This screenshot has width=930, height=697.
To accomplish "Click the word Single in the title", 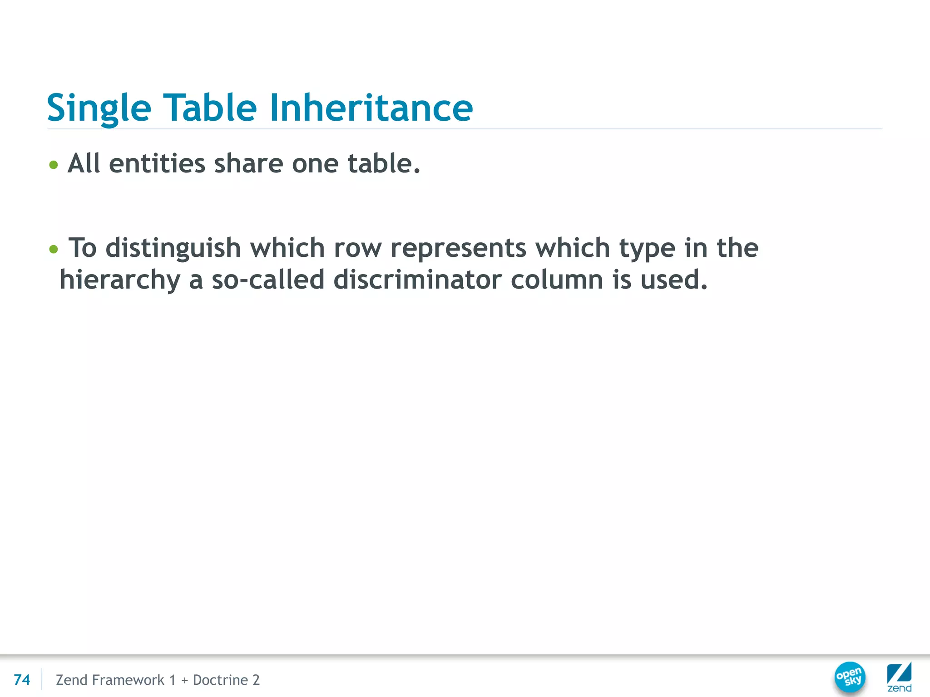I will [99, 108].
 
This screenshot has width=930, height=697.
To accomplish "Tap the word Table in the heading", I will [210, 108].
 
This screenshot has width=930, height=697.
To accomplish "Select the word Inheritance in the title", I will [371, 108].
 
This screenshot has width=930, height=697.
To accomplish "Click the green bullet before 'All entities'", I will [54, 164].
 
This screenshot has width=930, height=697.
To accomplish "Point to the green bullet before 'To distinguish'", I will [54, 249].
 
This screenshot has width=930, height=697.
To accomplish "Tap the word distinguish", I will [173, 249].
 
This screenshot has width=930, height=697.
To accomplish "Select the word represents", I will [458, 248].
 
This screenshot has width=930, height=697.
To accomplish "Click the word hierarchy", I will [120, 280].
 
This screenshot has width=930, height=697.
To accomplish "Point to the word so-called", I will [268, 280].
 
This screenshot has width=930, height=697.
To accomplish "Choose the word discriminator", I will [417, 280].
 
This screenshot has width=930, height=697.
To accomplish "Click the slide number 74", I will [22, 680].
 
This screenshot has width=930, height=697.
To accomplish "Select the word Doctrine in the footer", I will [220, 680].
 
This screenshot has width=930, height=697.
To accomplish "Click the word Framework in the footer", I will [128, 680].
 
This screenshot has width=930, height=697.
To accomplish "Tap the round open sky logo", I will [850, 677].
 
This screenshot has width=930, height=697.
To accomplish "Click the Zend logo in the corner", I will [899, 677].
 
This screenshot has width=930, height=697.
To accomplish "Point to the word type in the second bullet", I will [648, 249].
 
